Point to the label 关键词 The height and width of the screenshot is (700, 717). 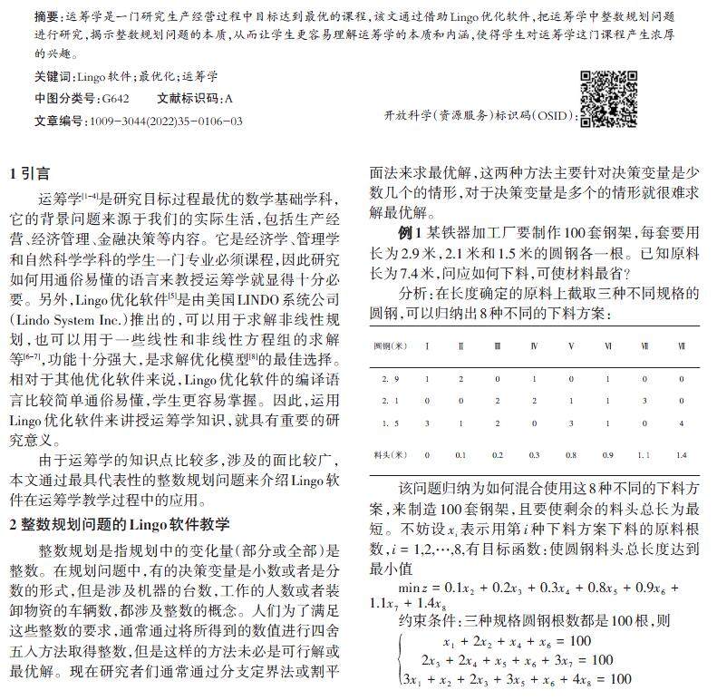[52, 77]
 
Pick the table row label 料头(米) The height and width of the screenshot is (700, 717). [391, 453]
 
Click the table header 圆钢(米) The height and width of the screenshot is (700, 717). [391, 346]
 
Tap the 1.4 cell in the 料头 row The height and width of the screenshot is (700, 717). [681, 453]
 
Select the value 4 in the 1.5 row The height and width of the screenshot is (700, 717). [681, 423]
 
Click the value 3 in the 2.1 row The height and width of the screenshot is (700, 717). [644, 400]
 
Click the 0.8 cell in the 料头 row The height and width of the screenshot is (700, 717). [571, 453]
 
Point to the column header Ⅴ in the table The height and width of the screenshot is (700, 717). [571, 346]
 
